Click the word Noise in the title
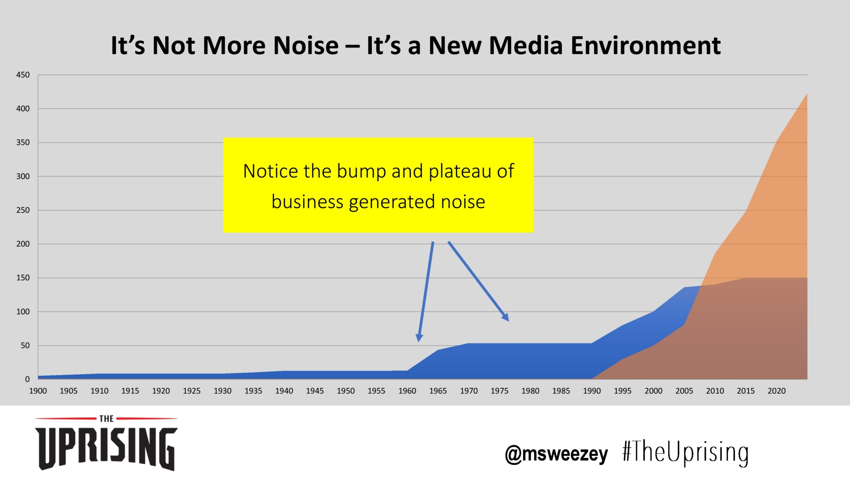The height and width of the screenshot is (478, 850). click(306, 46)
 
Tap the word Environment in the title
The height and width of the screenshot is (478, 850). click(645, 46)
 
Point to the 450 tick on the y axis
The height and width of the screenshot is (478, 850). click(23, 75)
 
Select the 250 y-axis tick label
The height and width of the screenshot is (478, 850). click(23, 210)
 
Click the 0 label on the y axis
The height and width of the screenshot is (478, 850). click(27, 379)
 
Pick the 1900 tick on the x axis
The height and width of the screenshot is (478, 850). click(38, 391)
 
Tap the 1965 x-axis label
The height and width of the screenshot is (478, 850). click(438, 391)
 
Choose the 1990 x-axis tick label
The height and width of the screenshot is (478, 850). click(592, 391)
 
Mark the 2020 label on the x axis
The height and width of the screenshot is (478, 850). click(777, 391)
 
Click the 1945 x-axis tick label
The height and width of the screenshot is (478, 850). click(315, 391)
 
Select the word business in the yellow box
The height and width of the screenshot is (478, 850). click(307, 202)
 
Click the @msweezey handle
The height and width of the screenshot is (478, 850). click(556, 454)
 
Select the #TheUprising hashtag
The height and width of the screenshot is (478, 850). click(685, 453)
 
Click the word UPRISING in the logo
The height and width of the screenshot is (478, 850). click(106, 447)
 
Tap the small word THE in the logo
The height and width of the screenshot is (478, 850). click(106, 419)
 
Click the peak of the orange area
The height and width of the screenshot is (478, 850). click(806, 95)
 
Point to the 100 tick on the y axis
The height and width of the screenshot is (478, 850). click(23, 312)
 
